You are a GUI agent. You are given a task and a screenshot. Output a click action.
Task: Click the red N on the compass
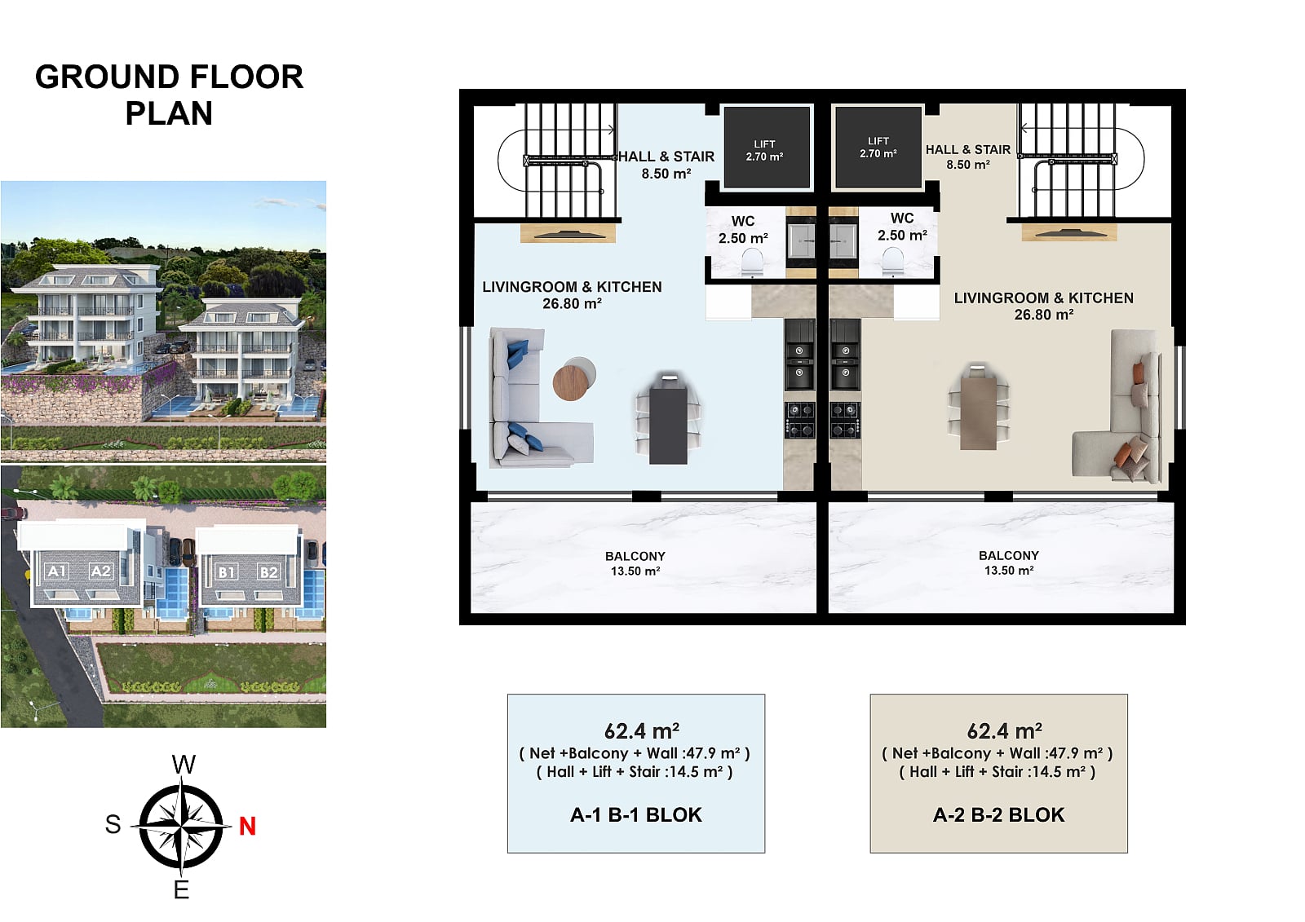248,826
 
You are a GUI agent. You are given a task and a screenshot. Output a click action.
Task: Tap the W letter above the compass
184,764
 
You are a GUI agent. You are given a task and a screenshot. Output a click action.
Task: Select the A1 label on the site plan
57,571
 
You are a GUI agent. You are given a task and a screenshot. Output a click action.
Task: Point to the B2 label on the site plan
268,572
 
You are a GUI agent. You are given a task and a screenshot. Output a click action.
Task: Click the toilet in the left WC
752,262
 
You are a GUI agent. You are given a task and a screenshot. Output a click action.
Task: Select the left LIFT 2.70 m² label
764,150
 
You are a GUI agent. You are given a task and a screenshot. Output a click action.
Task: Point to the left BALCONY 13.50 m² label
635,563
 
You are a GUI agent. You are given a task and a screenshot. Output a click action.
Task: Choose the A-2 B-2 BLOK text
998,815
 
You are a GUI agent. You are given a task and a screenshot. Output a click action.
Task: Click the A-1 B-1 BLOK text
636,815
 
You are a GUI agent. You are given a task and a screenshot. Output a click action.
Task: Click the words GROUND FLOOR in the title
169,77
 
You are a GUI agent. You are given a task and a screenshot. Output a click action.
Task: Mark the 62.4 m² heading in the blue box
641,730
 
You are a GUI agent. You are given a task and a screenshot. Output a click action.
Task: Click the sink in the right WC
843,240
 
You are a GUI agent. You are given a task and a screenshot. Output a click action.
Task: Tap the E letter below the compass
181,890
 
